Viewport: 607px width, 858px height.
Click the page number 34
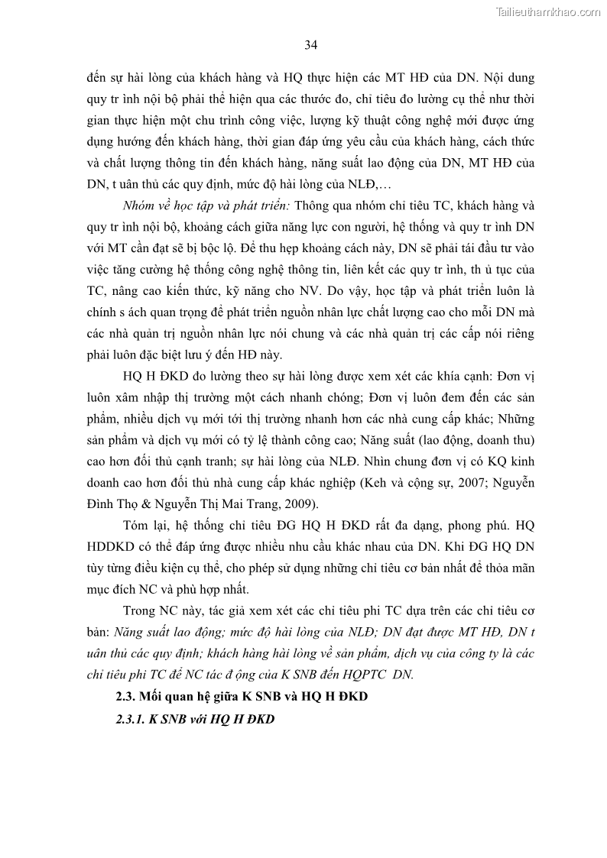click(310, 45)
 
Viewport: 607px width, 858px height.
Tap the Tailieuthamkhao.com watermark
click(548, 11)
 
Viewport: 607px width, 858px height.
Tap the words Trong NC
click(151, 610)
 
